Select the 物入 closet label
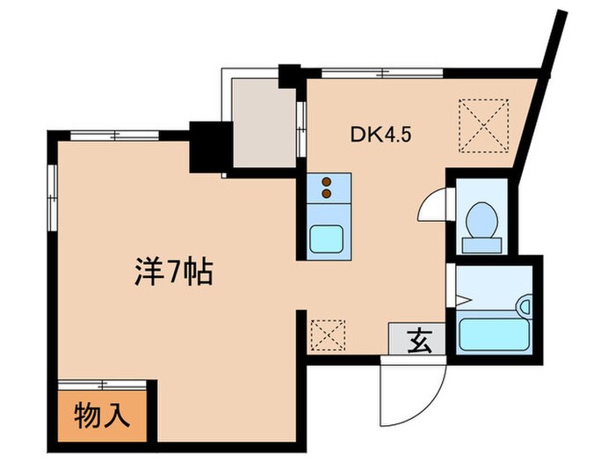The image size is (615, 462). pyautogui.click(x=98, y=414)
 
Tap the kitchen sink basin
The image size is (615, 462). pyautogui.click(x=330, y=238)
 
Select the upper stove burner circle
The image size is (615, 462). pyautogui.click(x=328, y=181)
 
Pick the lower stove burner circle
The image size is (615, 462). pyautogui.click(x=328, y=192)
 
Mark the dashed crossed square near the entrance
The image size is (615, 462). pyautogui.click(x=329, y=334)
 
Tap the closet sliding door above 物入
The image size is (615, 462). pyautogui.click(x=105, y=385)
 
